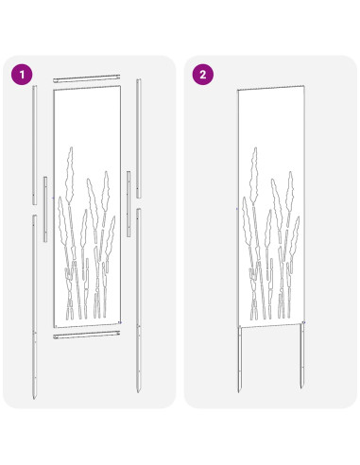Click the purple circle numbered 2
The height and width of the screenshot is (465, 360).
(201, 73)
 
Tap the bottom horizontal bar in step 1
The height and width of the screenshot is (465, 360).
(88, 335)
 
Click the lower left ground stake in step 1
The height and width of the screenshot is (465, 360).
(35, 302)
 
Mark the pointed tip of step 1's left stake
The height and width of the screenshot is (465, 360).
(36, 392)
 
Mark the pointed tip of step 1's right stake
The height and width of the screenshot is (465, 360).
(140, 391)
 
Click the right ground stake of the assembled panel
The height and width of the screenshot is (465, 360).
(303, 359)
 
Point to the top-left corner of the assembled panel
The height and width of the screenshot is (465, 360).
(237, 89)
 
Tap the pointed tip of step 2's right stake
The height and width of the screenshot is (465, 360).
(303, 392)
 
